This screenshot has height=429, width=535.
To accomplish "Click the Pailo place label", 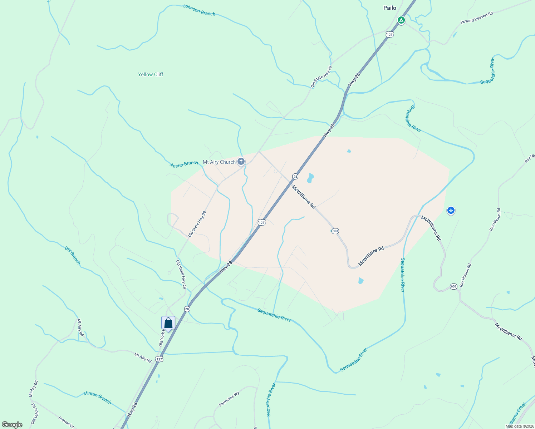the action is pyautogui.click(x=389, y=8).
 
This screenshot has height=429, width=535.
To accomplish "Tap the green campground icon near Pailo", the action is pyautogui.click(x=401, y=20).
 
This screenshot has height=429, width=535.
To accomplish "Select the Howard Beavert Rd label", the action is pyautogui.click(x=476, y=18).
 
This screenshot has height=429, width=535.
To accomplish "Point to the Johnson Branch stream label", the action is pyautogui.click(x=199, y=10).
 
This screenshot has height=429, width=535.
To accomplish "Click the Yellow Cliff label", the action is pyautogui.click(x=151, y=74).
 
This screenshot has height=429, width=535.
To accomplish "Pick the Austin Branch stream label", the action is pyautogui.click(x=184, y=164).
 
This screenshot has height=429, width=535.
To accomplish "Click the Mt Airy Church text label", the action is pyautogui.click(x=219, y=162).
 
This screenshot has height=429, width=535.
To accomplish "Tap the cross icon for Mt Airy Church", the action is pyautogui.click(x=241, y=162).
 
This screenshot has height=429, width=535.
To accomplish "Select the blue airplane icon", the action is pyautogui.click(x=451, y=211).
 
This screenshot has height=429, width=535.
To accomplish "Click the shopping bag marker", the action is pyautogui.click(x=168, y=323).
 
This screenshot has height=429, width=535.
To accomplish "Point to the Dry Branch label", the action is pyautogui.click(x=73, y=255).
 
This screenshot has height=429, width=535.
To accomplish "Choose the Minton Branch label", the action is pyautogui.click(x=97, y=398).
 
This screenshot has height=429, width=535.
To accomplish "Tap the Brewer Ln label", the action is pyautogui.click(x=66, y=422).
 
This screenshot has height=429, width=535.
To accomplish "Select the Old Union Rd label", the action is pyautogui.click(x=34, y=414).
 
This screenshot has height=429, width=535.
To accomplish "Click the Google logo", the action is pyautogui.click(x=12, y=425).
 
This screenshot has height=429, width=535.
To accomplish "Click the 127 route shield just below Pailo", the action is pyautogui.click(x=389, y=34).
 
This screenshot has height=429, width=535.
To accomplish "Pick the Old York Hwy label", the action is pyautogui.click(x=162, y=338).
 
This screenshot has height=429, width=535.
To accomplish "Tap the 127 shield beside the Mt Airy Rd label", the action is pyautogui.click(x=159, y=359).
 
